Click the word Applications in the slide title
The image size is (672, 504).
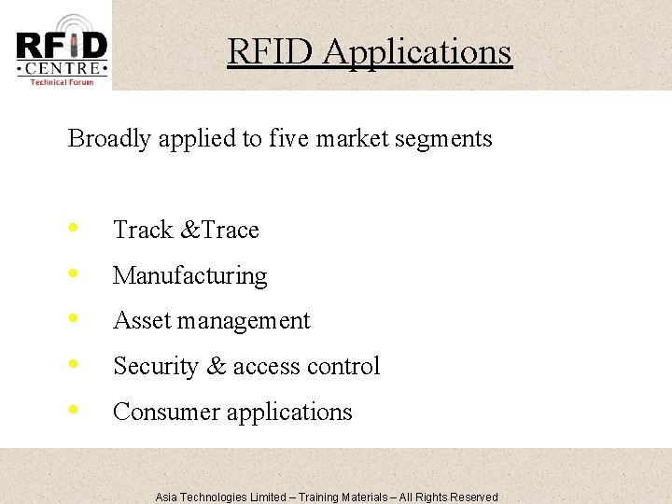tap(417, 51)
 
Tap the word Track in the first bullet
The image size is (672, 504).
tap(143, 230)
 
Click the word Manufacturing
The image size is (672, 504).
tap(189, 275)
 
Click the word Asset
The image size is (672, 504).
tap(138, 320)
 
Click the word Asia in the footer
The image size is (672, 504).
tap(166, 497)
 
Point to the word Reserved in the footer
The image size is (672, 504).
tap(474, 497)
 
